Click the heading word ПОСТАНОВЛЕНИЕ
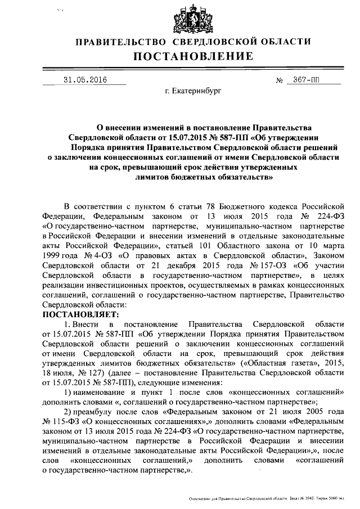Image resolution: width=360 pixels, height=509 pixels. tap(192, 56)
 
